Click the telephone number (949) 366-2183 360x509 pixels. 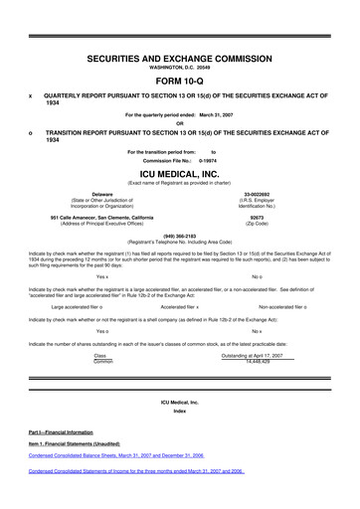click(x=180, y=237)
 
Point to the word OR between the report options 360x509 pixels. click(x=180, y=124)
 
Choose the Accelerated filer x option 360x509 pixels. click(x=180, y=306)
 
